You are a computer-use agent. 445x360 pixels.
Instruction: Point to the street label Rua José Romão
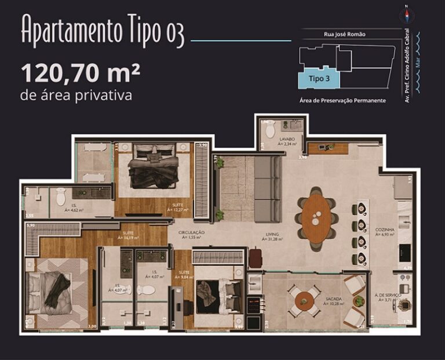point(345,35)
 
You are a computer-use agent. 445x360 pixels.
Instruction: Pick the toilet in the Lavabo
point(270,130)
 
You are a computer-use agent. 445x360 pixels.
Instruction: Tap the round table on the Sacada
point(304,300)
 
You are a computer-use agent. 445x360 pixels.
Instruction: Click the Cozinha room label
point(385,230)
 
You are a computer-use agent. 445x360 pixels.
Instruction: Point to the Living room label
point(272,234)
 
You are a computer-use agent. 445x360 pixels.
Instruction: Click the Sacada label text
point(334,299)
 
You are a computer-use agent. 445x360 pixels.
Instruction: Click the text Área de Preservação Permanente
point(342,100)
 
